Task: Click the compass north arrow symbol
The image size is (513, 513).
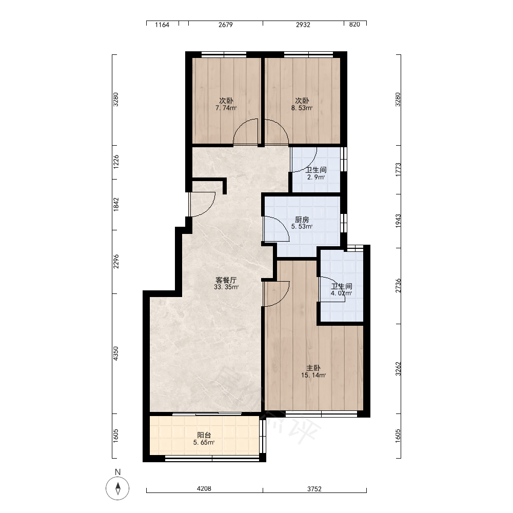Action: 117,488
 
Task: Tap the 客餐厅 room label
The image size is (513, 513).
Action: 226,280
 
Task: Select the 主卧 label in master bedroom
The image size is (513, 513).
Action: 313,368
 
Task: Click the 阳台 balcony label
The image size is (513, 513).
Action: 204,435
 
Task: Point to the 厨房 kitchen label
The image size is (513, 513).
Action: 302,220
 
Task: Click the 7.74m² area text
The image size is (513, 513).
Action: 226,108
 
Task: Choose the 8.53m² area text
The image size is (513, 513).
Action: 302,108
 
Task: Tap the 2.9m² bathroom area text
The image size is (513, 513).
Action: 316,177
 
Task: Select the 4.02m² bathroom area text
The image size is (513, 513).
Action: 341,293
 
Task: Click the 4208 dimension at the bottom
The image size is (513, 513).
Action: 204,489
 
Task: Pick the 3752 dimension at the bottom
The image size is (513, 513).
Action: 314,489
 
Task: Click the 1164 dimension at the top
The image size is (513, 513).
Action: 162,25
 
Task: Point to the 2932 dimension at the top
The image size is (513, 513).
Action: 303,25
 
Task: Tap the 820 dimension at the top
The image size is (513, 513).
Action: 354,25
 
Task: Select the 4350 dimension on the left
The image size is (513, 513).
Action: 116,353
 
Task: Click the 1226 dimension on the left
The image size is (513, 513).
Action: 116,162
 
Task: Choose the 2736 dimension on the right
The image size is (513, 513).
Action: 398,286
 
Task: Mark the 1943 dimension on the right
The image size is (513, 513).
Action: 398,221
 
